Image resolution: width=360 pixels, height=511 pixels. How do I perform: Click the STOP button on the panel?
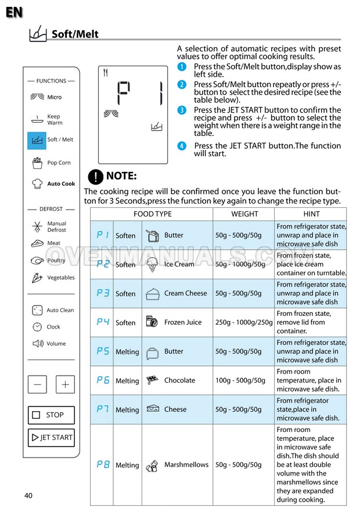(51, 415)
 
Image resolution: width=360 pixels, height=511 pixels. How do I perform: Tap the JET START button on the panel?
(51, 437)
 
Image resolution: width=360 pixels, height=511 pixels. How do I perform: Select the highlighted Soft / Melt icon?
(37, 140)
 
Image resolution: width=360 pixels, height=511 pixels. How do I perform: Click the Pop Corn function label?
(59, 163)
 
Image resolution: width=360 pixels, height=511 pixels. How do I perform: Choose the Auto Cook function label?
(61, 183)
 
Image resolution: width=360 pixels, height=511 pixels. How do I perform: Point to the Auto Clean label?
(60, 310)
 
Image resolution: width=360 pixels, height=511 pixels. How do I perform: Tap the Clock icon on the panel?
(37, 327)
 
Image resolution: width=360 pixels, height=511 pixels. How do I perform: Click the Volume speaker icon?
(37, 343)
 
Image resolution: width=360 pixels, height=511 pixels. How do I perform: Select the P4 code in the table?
(103, 322)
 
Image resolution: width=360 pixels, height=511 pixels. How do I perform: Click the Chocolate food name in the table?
(179, 380)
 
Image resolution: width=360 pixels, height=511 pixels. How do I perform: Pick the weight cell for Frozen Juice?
(244, 322)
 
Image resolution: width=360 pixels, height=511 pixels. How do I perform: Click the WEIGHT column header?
(244, 214)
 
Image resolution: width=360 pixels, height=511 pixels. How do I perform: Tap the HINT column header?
(311, 214)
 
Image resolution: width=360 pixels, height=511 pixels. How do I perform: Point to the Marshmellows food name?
(186, 465)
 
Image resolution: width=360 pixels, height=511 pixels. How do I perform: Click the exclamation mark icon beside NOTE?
(95, 177)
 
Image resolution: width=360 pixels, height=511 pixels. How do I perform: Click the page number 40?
(28, 495)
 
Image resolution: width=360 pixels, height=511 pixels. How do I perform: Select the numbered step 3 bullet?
(182, 110)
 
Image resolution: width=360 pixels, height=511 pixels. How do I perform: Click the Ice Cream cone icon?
(152, 265)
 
